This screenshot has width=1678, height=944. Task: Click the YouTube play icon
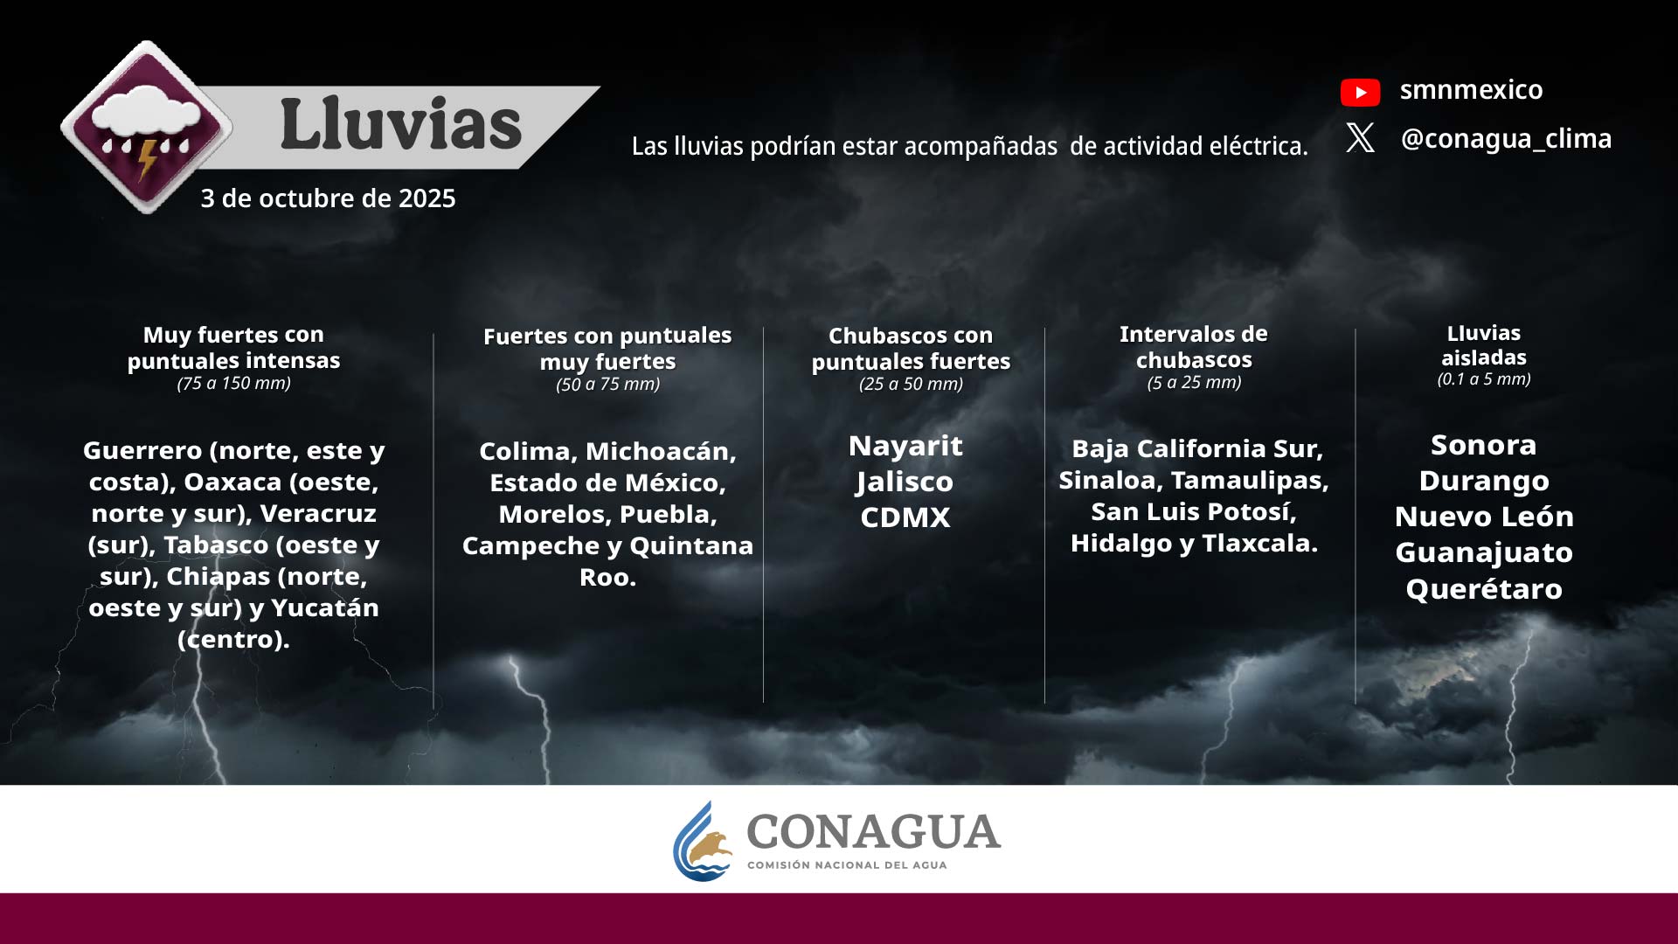point(1360,92)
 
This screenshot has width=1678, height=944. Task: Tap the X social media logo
point(1360,137)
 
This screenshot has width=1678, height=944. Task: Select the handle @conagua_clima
point(1506,139)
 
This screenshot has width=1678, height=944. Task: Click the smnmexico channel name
point(1471,89)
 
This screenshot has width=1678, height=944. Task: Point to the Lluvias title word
point(401,123)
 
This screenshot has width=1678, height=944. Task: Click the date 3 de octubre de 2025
point(328,198)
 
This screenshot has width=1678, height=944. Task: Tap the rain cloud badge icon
point(146,127)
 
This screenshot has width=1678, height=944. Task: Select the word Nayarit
point(905,446)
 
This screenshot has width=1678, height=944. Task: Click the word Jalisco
point(905,482)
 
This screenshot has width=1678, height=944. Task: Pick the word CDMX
point(905,517)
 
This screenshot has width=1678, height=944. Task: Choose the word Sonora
point(1483,445)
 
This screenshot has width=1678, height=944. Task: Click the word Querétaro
point(1484,589)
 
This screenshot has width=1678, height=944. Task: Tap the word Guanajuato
point(1484,552)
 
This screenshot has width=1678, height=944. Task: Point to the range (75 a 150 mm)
point(233,383)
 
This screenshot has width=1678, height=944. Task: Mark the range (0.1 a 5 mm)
point(1484,379)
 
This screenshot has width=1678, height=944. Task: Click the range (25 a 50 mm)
point(911,384)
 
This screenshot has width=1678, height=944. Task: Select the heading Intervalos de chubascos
point(1194,347)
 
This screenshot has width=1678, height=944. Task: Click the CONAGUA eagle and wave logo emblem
point(703,842)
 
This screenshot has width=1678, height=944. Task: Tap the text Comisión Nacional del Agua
point(847,865)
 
